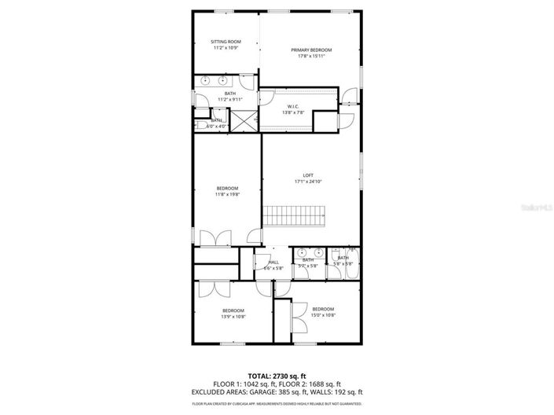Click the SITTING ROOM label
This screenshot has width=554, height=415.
(226, 42)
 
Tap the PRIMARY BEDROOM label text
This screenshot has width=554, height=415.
(311, 50)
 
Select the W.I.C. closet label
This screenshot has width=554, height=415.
(292, 107)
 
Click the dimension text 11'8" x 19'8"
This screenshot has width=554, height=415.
(227, 194)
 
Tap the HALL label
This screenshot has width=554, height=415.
(273, 263)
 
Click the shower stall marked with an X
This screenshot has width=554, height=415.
(245, 121)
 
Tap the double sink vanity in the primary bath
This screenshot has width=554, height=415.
(213, 80)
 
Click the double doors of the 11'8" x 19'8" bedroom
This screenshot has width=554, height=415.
(214, 237)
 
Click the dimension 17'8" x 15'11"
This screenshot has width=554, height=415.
(311, 56)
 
